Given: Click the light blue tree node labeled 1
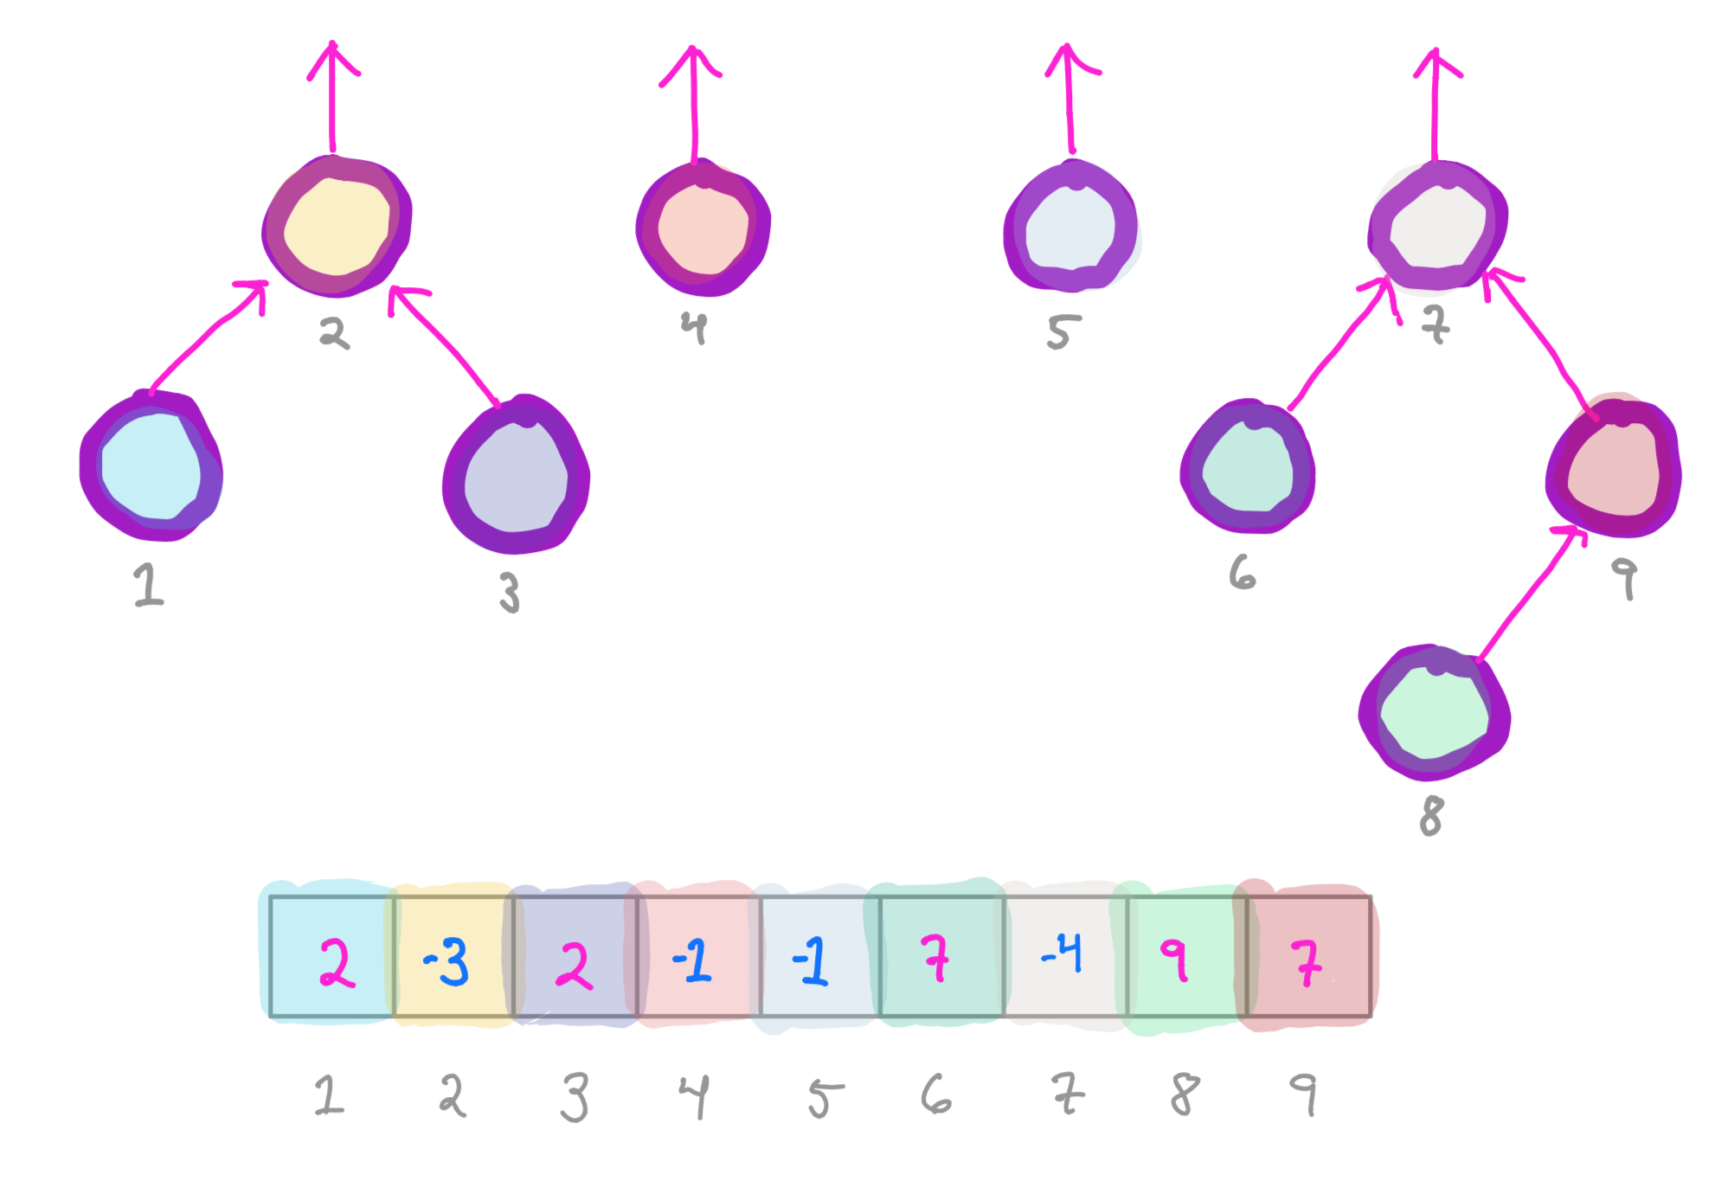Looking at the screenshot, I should [x=151, y=467].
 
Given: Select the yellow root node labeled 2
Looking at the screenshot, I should [x=337, y=227].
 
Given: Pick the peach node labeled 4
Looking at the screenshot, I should [x=702, y=228].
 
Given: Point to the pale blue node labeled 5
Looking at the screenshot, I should [x=1070, y=228].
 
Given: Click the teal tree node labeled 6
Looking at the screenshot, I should [x=1247, y=467].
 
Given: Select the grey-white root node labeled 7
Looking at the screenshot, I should [x=1437, y=227].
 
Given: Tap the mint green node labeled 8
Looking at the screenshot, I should [x=1434, y=713].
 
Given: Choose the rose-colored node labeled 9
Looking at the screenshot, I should [x=1613, y=470].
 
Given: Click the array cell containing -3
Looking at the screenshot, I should [x=453, y=956].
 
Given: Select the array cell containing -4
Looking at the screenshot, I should [x=1065, y=956].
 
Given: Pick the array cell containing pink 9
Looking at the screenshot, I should [x=1187, y=956].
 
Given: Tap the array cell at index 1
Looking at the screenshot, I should [x=331, y=956].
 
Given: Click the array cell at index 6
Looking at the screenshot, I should [x=941, y=956].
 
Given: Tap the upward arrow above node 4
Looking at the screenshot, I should [x=692, y=104].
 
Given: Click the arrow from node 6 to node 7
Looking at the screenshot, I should [x=1337, y=346].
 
